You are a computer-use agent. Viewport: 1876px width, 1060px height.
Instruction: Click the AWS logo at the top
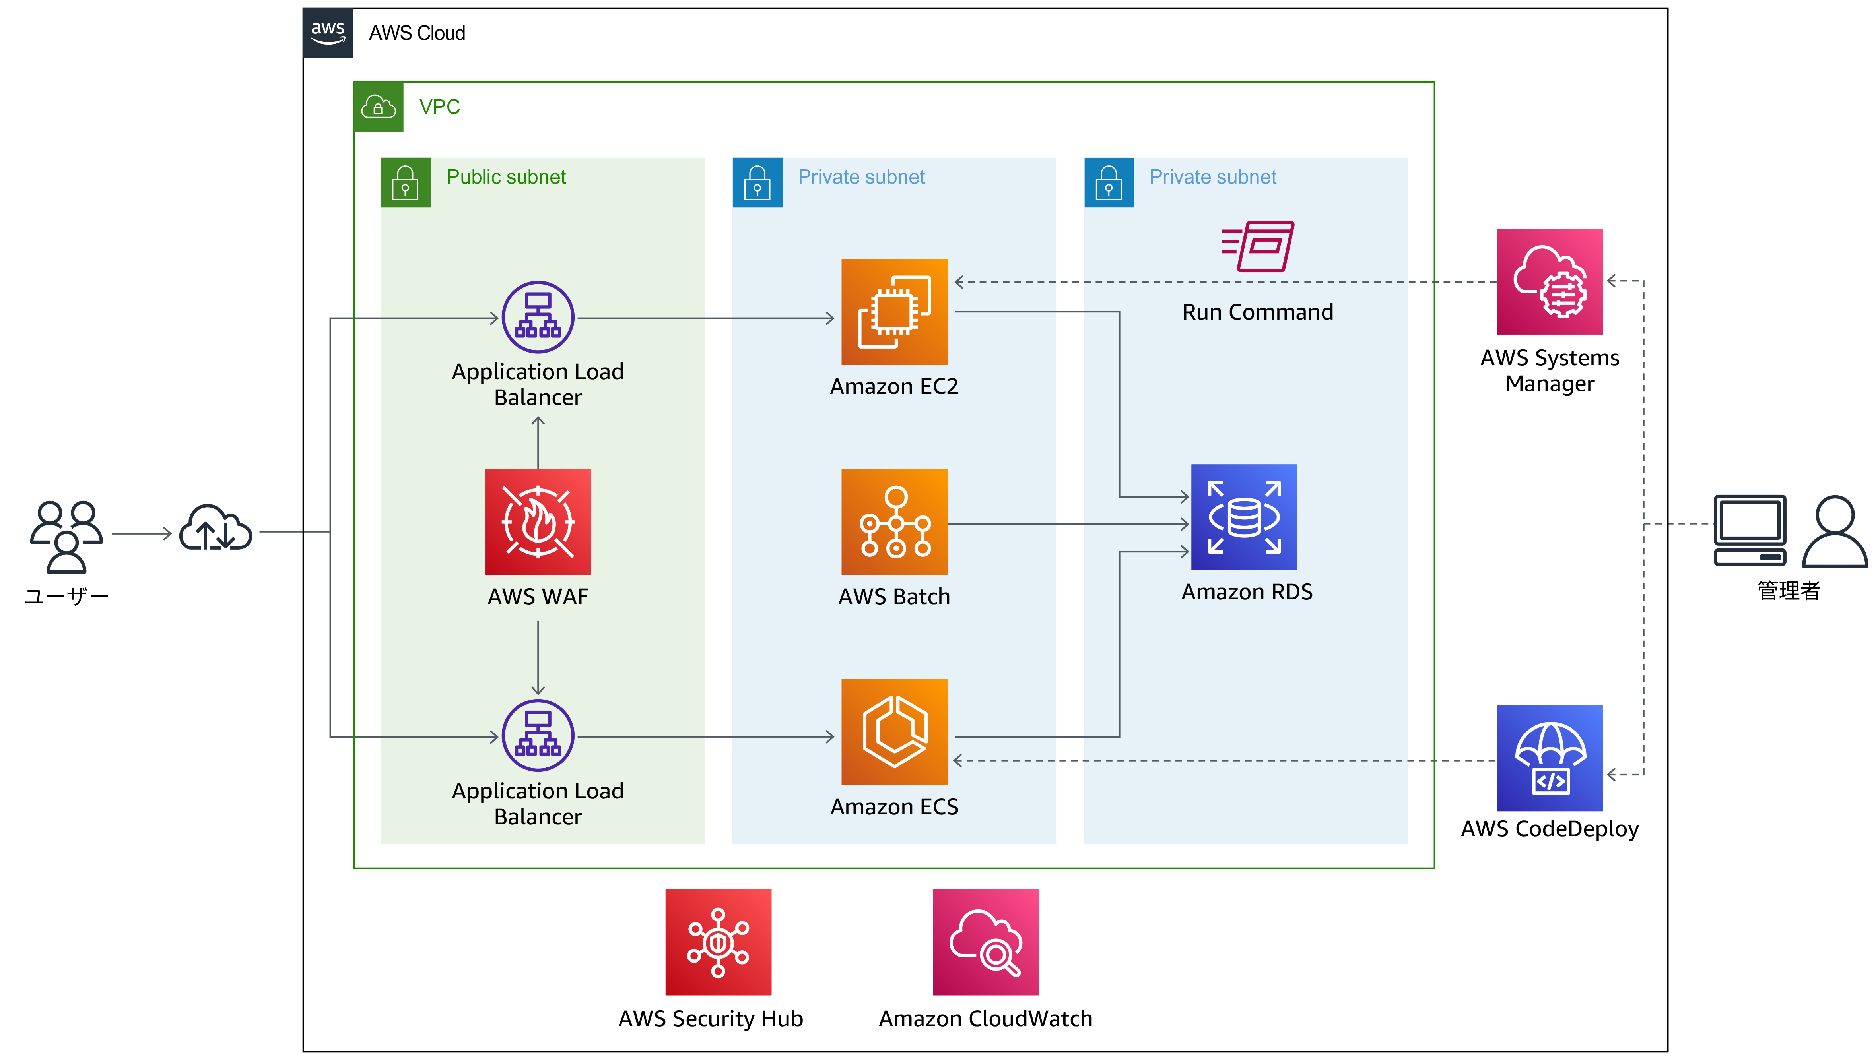328,33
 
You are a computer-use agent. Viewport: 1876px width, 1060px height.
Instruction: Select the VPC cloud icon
378,107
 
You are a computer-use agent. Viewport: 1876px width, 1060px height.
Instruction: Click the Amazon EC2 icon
894,312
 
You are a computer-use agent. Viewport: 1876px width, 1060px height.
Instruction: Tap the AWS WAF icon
538,522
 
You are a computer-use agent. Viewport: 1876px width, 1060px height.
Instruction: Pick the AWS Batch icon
894,522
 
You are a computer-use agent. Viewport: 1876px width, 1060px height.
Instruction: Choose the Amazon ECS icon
894,732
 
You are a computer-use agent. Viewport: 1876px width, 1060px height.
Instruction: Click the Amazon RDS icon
1244,517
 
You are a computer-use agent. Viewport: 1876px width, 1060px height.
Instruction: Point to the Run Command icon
1258,246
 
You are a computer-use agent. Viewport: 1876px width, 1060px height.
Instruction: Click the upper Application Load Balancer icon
538,318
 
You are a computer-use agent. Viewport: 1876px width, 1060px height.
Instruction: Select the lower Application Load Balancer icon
538,736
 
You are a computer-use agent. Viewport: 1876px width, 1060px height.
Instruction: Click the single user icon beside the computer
1835,531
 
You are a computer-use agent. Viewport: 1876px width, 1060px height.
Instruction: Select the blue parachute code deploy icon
1550,758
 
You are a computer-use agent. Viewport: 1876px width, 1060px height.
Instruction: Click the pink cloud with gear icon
1550,282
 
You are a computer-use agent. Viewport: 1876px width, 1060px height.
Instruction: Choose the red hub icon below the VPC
718,942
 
